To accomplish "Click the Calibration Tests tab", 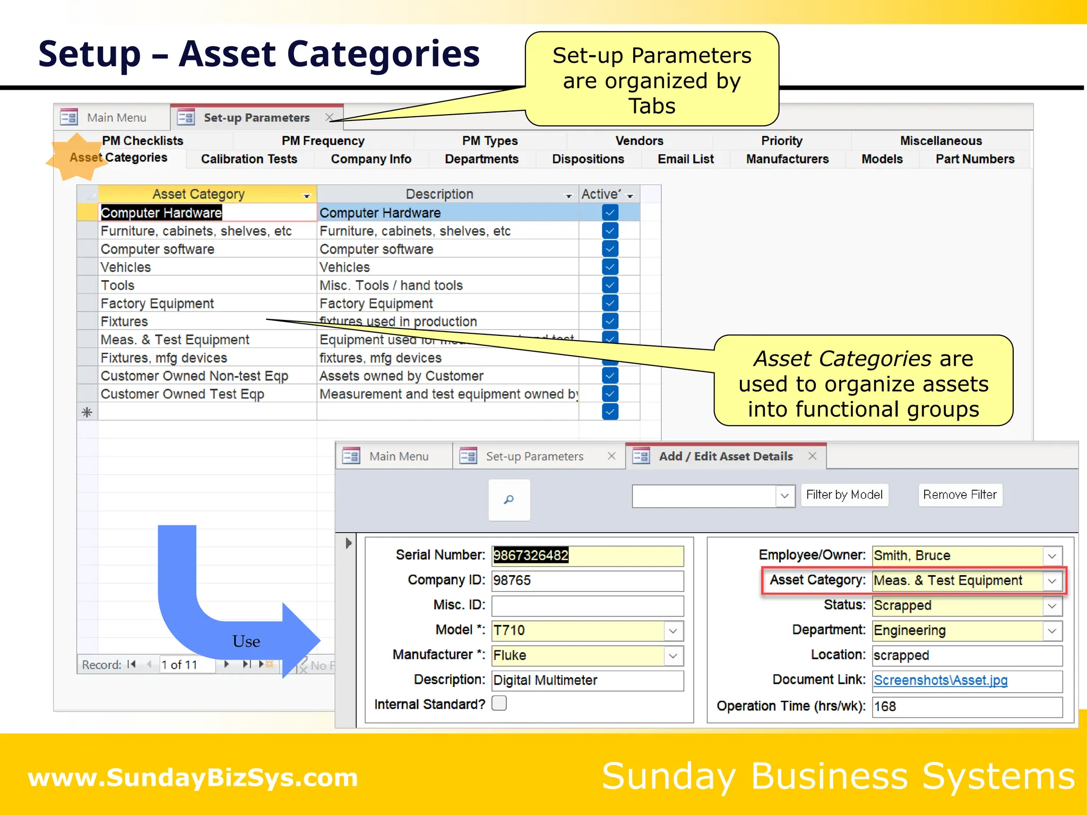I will [249, 159].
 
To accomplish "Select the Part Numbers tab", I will [974, 159].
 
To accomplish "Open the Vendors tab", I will [639, 141].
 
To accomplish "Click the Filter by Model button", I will [844, 495].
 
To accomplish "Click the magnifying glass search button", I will [509, 500].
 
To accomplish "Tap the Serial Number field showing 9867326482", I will [587, 556].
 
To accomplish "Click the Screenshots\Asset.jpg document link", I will [941, 680].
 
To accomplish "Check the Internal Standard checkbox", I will [499, 704].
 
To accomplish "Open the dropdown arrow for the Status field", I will [1052, 606].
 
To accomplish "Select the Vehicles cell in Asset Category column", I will [126, 267].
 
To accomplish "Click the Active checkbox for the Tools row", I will [610, 285].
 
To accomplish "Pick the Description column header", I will [439, 194].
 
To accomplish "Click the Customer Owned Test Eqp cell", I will [183, 394].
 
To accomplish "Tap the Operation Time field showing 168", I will [966, 707].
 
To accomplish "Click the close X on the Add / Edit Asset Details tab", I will [812, 456].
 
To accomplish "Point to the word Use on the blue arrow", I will [246, 641].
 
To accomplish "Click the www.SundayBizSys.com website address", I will [193, 778].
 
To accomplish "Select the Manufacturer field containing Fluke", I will [577, 656].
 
